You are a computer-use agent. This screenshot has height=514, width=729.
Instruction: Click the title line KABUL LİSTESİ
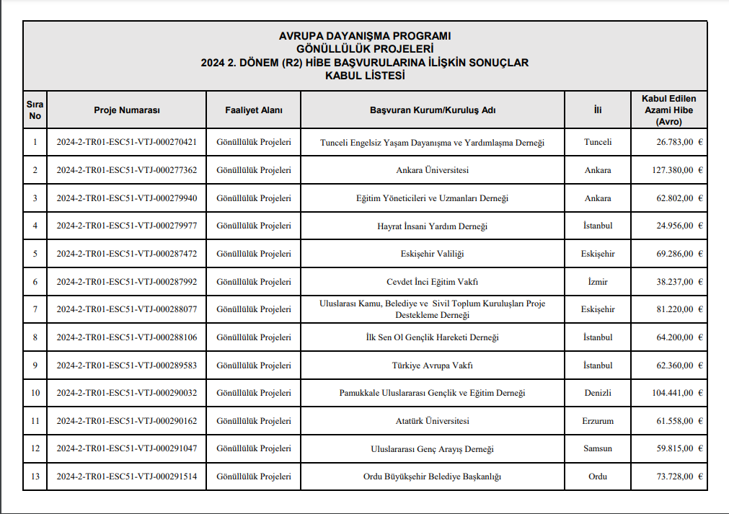click(364, 75)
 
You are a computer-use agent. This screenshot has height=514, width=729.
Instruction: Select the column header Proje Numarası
click(127, 110)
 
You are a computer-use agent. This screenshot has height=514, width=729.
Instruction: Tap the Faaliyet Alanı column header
click(254, 110)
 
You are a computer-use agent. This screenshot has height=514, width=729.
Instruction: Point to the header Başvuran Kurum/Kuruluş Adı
click(432, 110)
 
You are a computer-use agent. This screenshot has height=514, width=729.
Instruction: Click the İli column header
click(597, 110)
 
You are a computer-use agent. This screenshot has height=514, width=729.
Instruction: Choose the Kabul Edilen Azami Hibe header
click(668, 110)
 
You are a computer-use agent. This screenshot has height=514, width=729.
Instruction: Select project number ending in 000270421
click(127, 142)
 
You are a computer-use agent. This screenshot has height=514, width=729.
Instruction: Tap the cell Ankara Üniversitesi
click(432, 170)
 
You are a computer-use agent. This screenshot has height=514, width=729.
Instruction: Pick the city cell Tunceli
click(597, 142)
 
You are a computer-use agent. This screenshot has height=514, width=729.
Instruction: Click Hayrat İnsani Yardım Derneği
click(432, 226)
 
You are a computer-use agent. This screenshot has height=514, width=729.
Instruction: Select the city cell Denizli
click(597, 393)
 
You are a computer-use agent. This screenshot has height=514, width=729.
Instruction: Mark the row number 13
click(35, 477)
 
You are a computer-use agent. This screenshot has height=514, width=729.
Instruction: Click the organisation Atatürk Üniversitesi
click(432, 421)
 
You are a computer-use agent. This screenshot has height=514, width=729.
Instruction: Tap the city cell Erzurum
click(597, 421)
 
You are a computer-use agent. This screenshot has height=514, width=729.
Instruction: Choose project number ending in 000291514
click(127, 477)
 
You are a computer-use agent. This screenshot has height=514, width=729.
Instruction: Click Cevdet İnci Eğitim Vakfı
click(432, 282)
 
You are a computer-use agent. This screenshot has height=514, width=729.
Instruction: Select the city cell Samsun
click(597, 448)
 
